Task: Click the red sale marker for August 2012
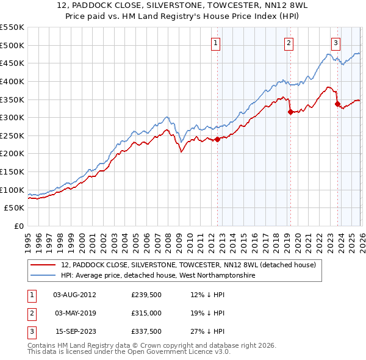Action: (217, 139)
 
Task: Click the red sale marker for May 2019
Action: (290, 112)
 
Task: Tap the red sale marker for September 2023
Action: (337, 104)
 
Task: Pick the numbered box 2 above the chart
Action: (288, 43)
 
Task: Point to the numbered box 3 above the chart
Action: (335, 43)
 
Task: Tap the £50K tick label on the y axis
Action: (15, 208)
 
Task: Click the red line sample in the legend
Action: (43, 265)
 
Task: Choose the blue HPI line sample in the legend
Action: (43, 276)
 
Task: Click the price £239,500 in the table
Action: (146, 295)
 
